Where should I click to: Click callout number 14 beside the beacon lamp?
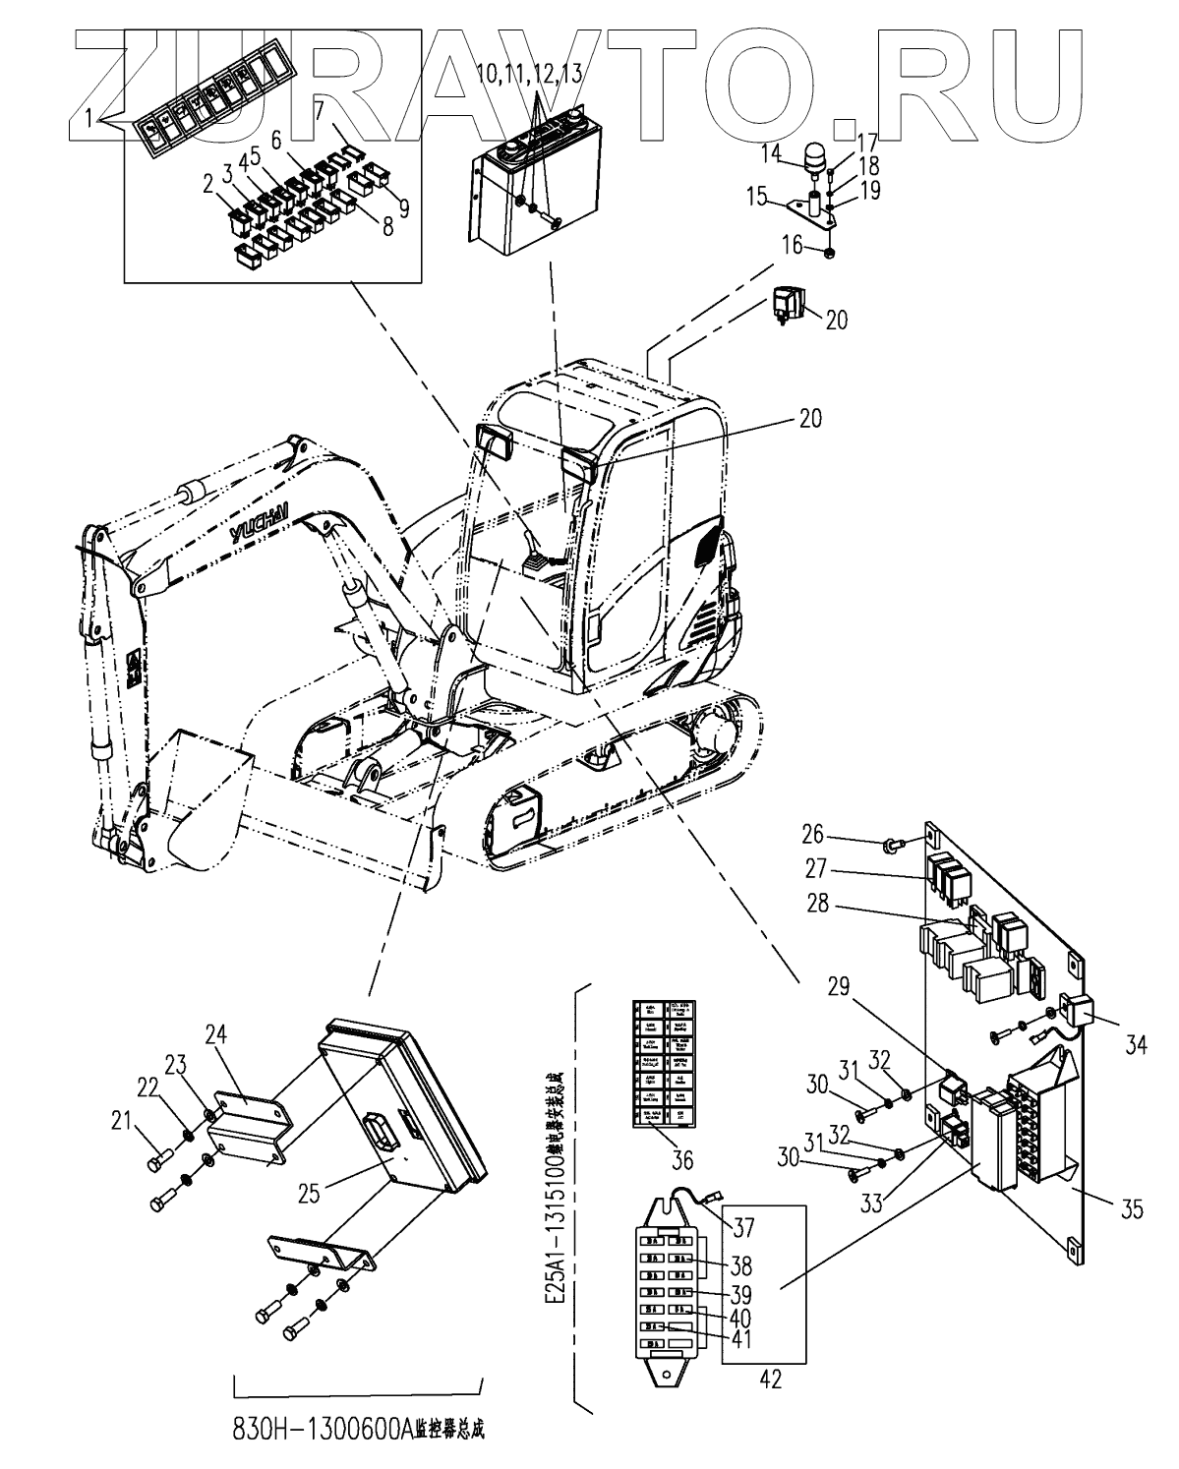point(770,152)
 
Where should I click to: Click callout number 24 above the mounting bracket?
point(216,1033)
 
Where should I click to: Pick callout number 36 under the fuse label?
point(680,1160)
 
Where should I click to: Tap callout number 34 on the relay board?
point(1135,1045)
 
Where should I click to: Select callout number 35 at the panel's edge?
point(1133,1208)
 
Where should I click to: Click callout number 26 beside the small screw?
point(813,838)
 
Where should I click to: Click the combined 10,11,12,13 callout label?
point(529,73)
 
